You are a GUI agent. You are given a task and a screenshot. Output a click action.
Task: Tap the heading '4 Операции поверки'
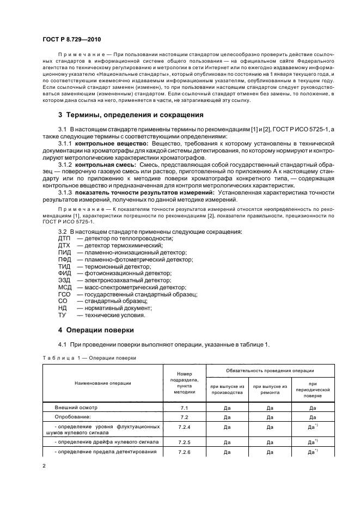pyautogui.click(x=96, y=330)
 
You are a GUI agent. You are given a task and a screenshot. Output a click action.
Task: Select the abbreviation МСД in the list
pyautogui.click(x=65, y=287)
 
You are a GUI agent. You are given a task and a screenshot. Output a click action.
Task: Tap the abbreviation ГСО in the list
pyautogui.click(x=64, y=294)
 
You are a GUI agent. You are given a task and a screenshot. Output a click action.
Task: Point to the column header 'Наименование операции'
pyautogui.click(x=103, y=383)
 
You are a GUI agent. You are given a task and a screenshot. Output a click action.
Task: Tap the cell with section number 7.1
pyautogui.click(x=184, y=407)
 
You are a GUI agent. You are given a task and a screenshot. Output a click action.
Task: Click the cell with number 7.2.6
pyautogui.click(x=184, y=452)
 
